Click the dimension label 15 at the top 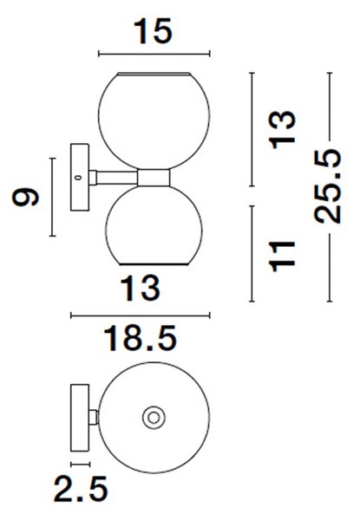tap(153, 31)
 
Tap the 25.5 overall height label tap(328, 186)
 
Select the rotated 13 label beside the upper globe tap(282, 130)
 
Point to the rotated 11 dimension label tap(282, 257)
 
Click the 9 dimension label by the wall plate tap(25, 197)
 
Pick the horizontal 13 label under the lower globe tap(140, 289)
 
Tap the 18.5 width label tap(140, 338)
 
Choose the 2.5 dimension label tap(81, 489)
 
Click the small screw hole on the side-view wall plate tap(78, 178)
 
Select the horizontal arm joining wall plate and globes tap(117, 178)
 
